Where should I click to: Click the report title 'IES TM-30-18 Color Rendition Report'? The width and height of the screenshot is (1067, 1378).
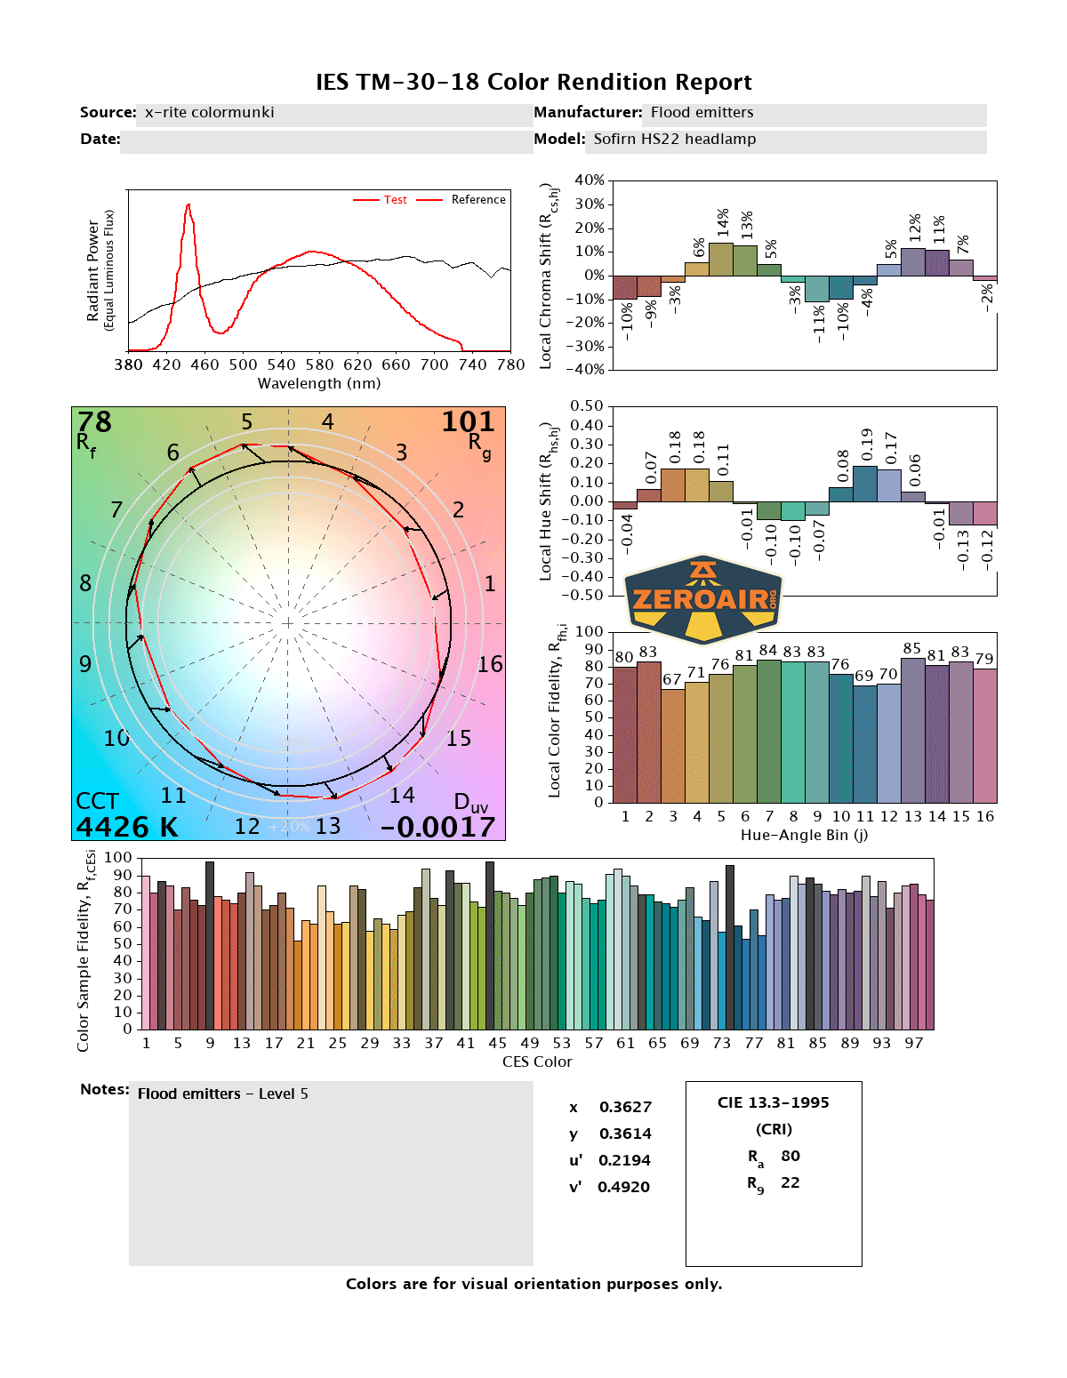coord(533,82)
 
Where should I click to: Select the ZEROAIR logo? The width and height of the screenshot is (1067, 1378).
coord(703,599)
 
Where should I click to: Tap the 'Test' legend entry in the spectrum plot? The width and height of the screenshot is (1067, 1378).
coord(396,200)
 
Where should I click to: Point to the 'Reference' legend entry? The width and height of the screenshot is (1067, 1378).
coord(477,200)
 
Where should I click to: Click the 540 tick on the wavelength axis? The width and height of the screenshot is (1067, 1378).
coord(281,365)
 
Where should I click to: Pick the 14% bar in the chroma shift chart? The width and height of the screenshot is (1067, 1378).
coord(721,259)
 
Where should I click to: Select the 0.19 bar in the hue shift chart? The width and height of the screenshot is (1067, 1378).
coord(865,484)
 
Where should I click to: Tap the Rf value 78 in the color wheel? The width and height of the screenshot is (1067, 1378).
coord(94,422)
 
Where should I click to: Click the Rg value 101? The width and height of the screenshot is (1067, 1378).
coord(468,422)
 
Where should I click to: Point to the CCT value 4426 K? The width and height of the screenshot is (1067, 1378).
coord(126,827)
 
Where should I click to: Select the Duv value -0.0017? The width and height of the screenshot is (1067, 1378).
coord(437,827)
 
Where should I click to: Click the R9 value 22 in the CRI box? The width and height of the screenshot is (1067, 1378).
coord(790,1182)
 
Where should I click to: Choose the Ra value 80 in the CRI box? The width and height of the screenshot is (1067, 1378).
coord(790,1156)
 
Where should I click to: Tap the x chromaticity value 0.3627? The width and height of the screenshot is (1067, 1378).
coord(625,1107)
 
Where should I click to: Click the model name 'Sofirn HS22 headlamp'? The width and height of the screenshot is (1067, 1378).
coord(675,139)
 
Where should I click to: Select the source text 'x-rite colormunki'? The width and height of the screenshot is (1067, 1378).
coord(210,112)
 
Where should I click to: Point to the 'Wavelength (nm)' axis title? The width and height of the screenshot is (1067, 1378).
coord(319,383)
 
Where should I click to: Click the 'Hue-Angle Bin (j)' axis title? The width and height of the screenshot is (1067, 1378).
coord(804,835)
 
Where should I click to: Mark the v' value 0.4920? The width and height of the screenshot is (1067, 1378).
coord(623,1187)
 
